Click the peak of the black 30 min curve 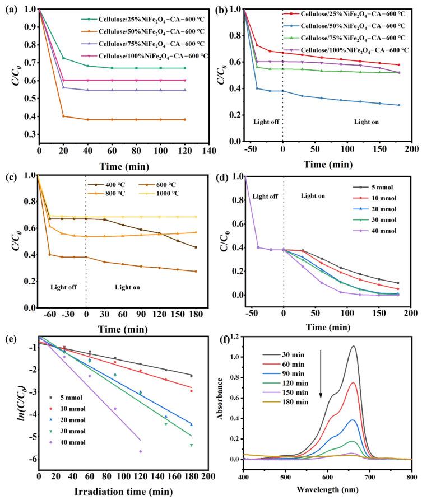click(x=370, y=346)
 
